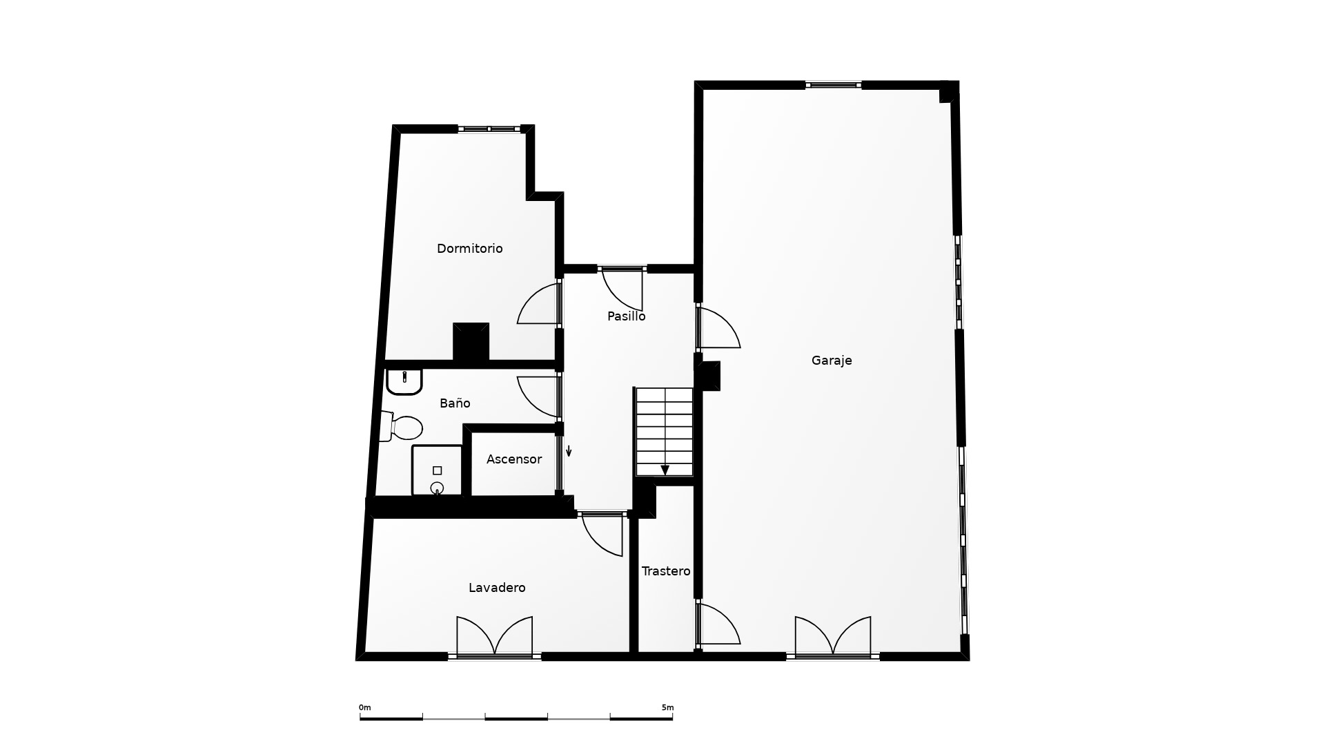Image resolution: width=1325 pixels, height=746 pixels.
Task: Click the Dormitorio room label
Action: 469,249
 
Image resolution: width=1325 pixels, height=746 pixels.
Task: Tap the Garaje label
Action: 832,361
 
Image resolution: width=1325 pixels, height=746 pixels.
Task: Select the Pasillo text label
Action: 626,316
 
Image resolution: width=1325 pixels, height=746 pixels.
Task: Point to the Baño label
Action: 455,403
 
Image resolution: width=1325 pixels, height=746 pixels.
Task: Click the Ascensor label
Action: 514,459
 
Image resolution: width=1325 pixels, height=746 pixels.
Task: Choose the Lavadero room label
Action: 497,588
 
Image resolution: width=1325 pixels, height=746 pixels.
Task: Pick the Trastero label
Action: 666,571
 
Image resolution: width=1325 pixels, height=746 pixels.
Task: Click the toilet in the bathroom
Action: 401,427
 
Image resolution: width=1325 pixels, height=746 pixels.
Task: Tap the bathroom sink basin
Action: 404,381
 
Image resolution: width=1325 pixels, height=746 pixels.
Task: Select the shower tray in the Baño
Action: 437,470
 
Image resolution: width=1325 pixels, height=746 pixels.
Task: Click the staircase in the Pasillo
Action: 664,432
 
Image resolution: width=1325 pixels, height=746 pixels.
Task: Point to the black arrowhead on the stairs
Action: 665,470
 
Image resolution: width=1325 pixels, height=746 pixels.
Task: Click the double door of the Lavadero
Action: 494,635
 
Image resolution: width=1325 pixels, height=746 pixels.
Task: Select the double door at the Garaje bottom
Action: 832,635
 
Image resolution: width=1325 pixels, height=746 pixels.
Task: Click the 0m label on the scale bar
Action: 364,707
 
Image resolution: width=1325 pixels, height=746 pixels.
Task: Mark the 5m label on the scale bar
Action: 667,707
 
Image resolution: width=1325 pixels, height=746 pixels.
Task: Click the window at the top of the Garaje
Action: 833,85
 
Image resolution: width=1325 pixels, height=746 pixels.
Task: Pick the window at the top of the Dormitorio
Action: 489,128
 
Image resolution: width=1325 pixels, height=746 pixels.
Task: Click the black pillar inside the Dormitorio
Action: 471,342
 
